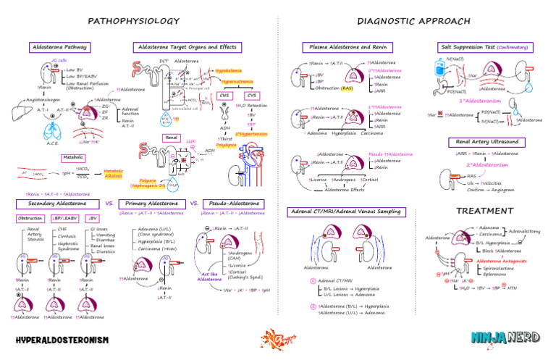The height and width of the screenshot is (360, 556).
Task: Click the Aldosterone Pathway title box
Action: pos(59,47)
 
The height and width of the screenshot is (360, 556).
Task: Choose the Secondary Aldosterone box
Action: pos(56,204)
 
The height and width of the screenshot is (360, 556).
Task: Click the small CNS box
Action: pos(224,95)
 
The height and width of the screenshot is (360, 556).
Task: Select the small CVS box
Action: pos(252,95)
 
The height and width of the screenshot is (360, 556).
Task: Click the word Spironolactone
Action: pos(499,267)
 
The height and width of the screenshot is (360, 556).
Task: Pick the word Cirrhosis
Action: pos(67,236)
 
